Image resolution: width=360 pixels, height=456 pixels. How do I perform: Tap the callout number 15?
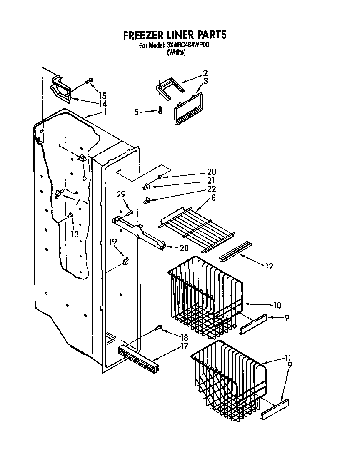point(102,95)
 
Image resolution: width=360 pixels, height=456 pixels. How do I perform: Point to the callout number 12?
point(269,266)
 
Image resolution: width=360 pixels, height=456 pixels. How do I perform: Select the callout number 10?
point(277,305)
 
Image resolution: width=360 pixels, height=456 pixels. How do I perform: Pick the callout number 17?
point(183,346)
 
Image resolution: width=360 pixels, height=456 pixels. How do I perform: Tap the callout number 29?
point(121,194)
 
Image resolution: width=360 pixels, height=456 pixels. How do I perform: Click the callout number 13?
point(74,234)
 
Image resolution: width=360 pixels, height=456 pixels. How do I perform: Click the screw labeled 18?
point(158,328)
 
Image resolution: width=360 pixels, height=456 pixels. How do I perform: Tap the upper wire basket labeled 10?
point(204,296)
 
